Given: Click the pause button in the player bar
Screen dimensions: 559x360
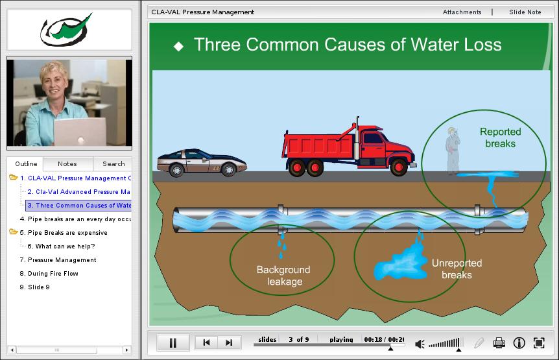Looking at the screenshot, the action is (173, 343).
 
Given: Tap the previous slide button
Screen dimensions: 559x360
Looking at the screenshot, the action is (206, 342).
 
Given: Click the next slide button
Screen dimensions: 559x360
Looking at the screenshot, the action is (229, 342).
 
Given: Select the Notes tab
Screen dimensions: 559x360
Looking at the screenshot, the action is (67, 163).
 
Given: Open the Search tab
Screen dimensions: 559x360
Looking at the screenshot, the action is (113, 163).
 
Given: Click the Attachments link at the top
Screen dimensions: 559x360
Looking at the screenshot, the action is (462, 12).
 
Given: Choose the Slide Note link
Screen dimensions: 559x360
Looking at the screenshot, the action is (525, 12).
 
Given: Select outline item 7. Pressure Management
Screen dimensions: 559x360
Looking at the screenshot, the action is (58, 260).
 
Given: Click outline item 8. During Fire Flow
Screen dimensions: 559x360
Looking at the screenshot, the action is (49, 273).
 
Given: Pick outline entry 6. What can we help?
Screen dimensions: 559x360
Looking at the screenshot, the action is (61, 246).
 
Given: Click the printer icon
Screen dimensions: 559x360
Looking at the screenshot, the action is (499, 343).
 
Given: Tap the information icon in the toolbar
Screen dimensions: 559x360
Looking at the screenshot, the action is (519, 343).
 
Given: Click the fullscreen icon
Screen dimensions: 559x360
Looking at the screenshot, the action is (539, 343).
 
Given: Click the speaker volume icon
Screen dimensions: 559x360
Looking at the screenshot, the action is (420, 344).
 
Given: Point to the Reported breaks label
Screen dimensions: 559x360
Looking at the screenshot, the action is (500, 138).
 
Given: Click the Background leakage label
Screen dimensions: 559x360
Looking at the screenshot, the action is (283, 276).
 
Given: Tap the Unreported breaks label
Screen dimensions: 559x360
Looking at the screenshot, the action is (457, 269).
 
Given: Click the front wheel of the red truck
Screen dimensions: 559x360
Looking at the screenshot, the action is (399, 167).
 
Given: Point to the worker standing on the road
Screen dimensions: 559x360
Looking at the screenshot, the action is (453, 150).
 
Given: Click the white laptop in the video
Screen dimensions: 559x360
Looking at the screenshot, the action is (80, 132).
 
